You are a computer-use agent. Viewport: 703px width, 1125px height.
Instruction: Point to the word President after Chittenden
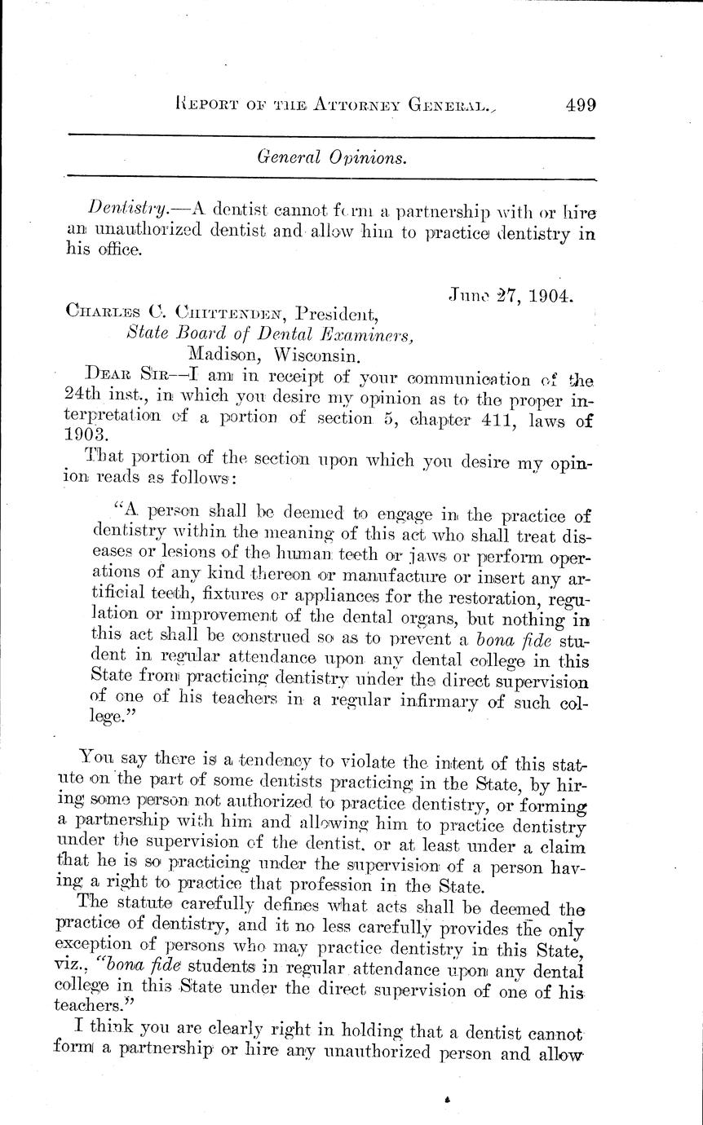(x=336, y=312)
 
